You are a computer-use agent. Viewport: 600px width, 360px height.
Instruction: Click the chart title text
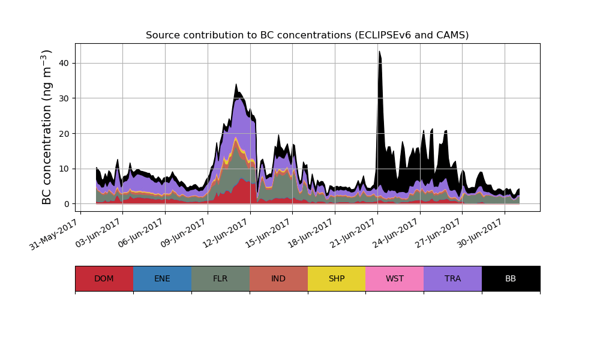pyautogui.click(x=307, y=35)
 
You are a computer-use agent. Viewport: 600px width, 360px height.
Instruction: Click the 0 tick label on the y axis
pyautogui.click(x=67, y=204)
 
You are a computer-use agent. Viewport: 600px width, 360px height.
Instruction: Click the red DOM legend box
pyautogui.click(x=104, y=278)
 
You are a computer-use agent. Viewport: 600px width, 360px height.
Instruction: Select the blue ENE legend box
pyautogui.click(x=162, y=278)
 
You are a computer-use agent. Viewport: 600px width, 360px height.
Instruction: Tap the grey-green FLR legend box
pyautogui.click(x=220, y=278)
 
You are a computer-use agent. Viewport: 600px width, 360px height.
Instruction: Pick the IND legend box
pyautogui.click(x=278, y=278)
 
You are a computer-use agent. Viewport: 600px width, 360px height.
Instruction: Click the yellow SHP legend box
pyautogui.click(x=337, y=278)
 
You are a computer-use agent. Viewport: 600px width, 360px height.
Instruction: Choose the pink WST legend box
pyautogui.click(x=395, y=278)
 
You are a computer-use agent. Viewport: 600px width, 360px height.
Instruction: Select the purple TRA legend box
pyautogui.click(x=453, y=278)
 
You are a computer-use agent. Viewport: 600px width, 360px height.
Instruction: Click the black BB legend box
pyautogui.click(x=511, y=278)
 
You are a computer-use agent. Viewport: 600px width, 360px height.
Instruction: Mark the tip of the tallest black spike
pyautogui.click(x=379, y=52)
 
